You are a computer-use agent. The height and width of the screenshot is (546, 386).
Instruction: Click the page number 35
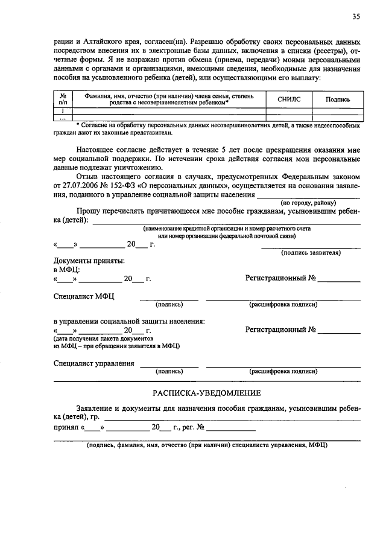(x=356, y=17)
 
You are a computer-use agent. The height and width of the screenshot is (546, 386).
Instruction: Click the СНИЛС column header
(x=289, y=100)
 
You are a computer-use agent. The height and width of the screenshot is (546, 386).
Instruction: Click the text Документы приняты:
(x=89, y=261)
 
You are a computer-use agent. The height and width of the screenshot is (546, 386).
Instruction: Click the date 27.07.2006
(x=74, y=186)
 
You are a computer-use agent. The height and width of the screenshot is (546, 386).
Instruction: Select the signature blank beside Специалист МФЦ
(x=169, y=299)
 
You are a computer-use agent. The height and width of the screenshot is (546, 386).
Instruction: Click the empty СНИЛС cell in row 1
(x=289, y=110)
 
